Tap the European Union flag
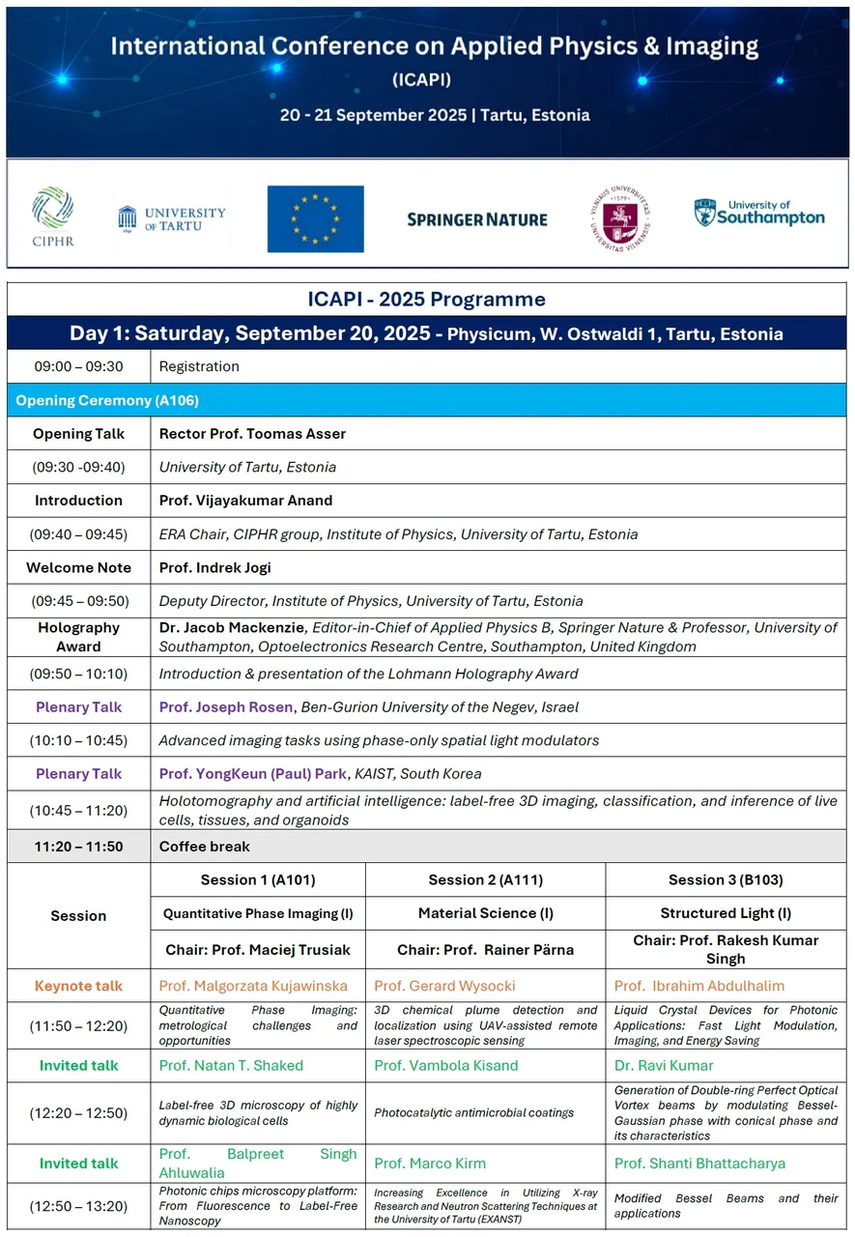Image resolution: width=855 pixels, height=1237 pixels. point(315,218)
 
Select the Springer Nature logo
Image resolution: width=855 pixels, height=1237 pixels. point(477,219)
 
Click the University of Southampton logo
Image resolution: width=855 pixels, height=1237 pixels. point(759,213)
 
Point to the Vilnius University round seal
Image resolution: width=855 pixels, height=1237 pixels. point(618,218)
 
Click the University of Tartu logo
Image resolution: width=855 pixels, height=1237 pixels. point(172,218)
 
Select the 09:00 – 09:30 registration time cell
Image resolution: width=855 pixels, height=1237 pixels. point(78,366)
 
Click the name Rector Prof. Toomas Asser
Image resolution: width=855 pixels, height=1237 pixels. point(252,434)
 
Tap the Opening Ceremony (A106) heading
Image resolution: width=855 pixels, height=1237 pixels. point(107,400)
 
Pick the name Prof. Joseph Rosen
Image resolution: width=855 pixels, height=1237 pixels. point(226,707)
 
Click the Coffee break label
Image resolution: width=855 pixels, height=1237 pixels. point(204,847)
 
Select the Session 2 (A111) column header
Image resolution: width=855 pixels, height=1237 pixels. point(485,879)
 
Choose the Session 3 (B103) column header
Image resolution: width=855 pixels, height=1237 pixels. point(726,879)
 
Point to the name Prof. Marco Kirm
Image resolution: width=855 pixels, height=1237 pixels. point(430,1163)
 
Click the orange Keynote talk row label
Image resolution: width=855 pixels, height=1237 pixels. point(78,986)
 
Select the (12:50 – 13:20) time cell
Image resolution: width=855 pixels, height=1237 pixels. point(78,1206)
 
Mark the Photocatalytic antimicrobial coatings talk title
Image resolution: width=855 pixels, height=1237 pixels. point(473,1112)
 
